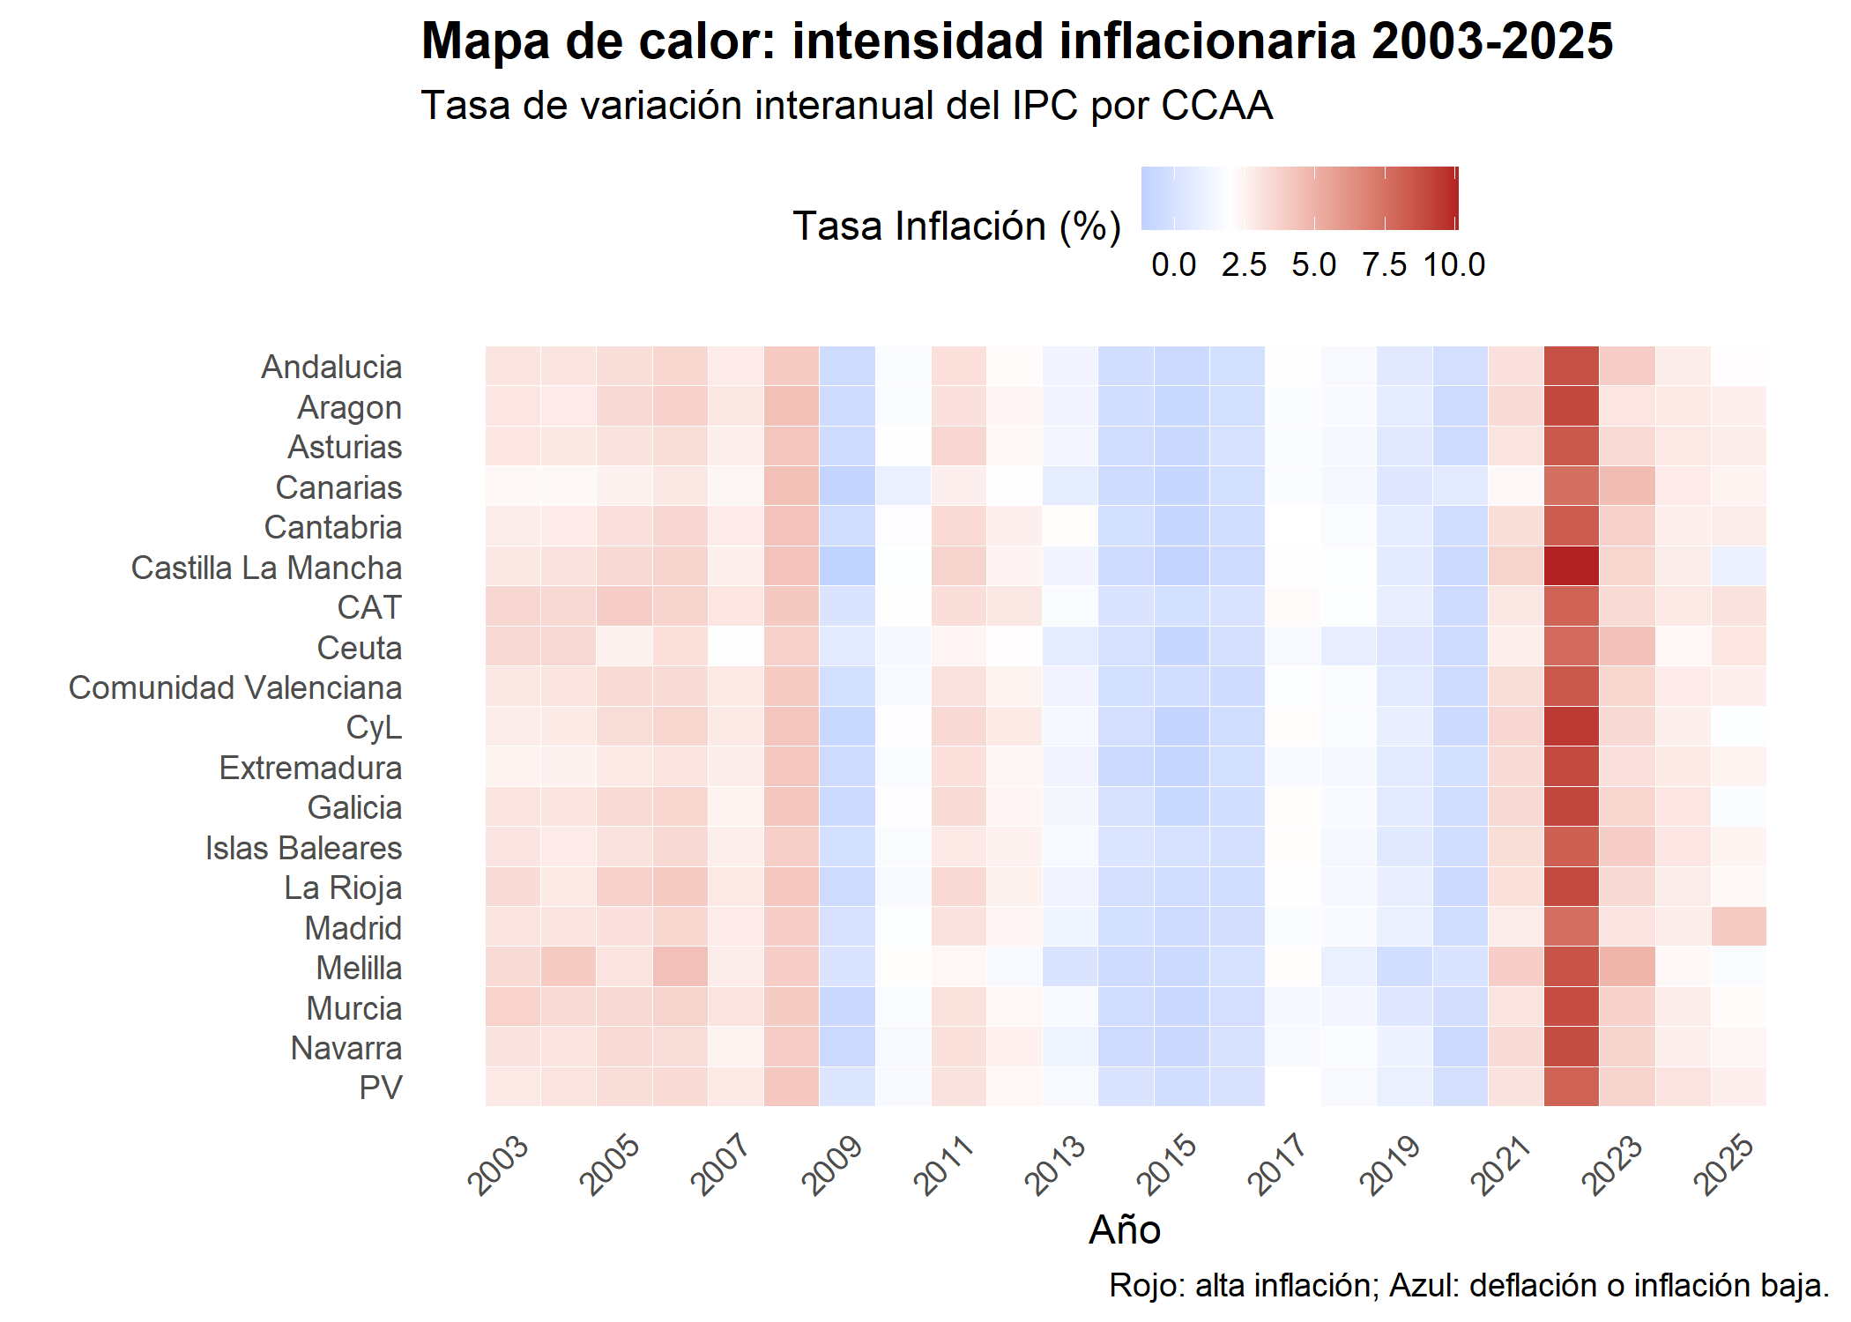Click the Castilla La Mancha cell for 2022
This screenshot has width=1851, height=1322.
(1572, 567)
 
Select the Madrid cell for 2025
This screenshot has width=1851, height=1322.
(1738, 927)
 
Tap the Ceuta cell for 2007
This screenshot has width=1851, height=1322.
(735, 647)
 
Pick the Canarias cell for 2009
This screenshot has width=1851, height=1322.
(847, 486)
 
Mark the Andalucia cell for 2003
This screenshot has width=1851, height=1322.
(513, 367)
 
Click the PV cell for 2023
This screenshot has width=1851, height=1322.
(1627, 1088)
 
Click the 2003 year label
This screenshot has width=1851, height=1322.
(499, 1165)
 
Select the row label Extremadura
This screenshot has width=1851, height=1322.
(310, 768)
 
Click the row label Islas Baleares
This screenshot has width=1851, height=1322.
(303, 848)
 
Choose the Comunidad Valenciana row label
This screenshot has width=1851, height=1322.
(235, 687)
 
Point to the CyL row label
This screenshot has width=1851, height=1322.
(374, 727)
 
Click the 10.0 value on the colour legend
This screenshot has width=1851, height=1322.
(1454, 264)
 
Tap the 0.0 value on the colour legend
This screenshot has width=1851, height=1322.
(1174, 264)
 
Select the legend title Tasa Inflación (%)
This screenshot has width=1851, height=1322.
(956, 227)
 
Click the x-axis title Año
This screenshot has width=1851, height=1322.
(1125, 1230)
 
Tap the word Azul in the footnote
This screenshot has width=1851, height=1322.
(1424, 1286)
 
